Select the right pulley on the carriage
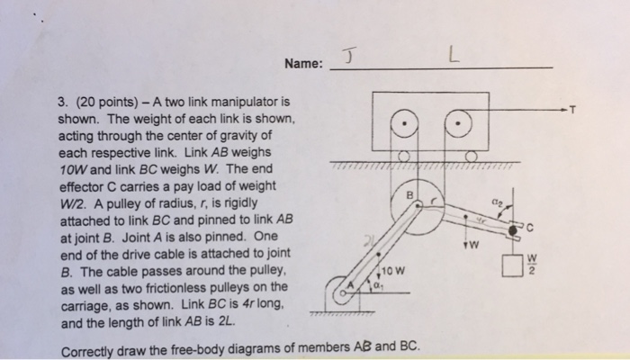coord(461,120)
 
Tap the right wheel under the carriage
coord(469,157)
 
